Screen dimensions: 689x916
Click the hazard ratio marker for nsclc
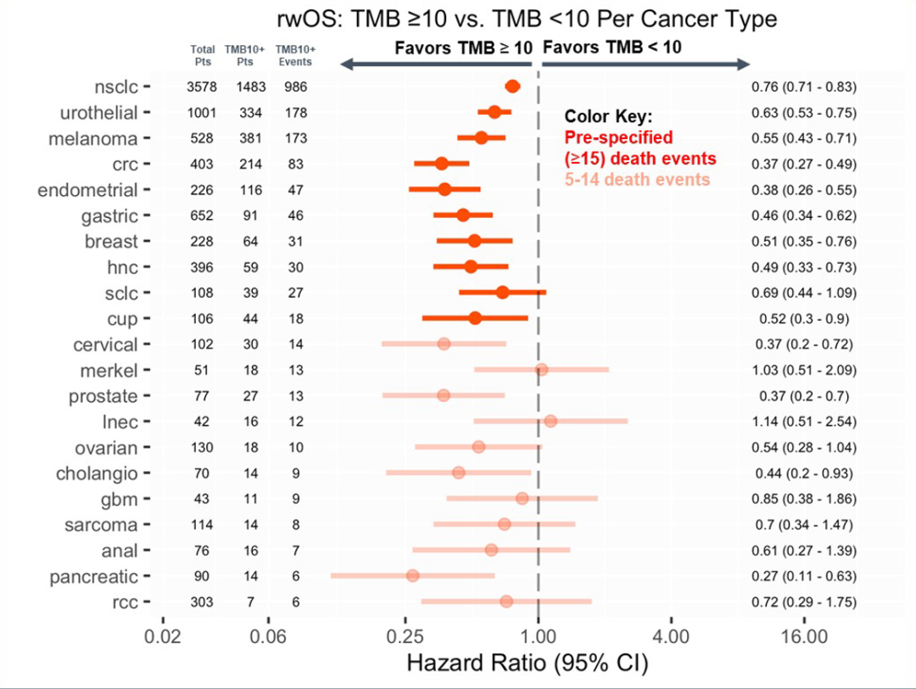(x=512, y=86)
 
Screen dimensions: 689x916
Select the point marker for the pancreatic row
(x=412, y=575)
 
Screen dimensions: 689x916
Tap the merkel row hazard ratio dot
(x=541, y=369)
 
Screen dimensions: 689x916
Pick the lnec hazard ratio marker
(x=550, y=421)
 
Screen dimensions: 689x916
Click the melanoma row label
(x=99, y=138)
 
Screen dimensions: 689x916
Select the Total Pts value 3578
(x=202, y=87)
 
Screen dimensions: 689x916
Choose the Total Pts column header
(x=203, y=56)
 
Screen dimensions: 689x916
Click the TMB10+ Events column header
(x=295, y=56)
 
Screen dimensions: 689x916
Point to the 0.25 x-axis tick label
(x=405, y=636)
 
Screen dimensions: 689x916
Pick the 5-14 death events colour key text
(x=637, y=179)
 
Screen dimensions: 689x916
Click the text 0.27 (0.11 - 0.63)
(x=803, y=576)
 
